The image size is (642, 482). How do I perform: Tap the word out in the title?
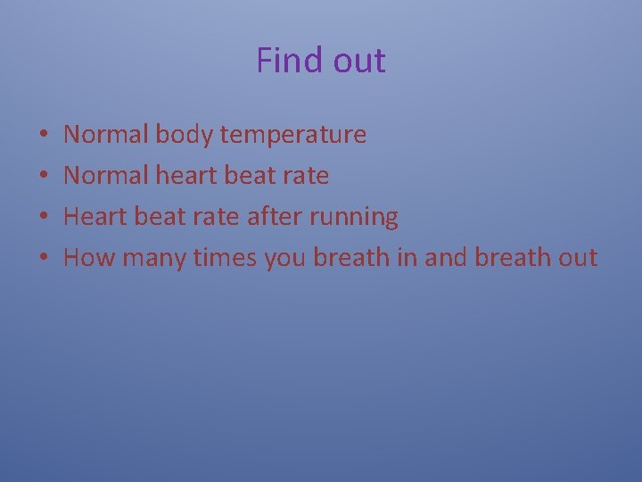point(358,61)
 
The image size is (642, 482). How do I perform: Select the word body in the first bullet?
point(185,135)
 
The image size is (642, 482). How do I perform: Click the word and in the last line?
point(446,258)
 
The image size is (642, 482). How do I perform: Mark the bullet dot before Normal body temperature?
point(44,136)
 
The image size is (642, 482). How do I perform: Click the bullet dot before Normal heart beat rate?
point(44,177)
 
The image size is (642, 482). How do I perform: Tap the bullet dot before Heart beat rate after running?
point(44,218)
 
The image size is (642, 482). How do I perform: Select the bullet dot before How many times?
point(44,259)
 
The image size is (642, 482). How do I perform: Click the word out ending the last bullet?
point(577,258)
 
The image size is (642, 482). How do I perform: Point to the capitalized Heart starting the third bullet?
point(95,216)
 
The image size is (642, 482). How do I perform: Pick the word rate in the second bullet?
point(305,176)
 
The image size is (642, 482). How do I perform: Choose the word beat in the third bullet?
point(159,216)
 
